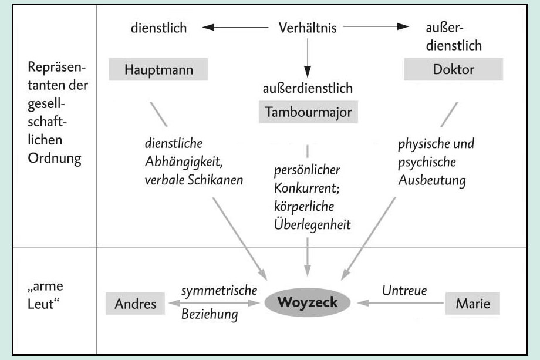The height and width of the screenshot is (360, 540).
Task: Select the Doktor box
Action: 453,70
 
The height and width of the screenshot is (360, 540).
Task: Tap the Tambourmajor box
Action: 308,112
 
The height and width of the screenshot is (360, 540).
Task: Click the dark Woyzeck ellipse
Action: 308,303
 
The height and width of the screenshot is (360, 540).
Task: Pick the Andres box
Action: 136,304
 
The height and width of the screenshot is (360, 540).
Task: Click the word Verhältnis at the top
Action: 307,28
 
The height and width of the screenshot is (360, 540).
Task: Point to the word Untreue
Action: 404,290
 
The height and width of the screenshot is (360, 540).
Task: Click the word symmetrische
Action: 220,290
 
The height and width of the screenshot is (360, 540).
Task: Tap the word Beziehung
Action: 209,315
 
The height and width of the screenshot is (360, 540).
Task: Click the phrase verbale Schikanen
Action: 194,180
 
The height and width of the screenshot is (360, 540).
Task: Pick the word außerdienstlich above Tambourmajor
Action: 308,89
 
